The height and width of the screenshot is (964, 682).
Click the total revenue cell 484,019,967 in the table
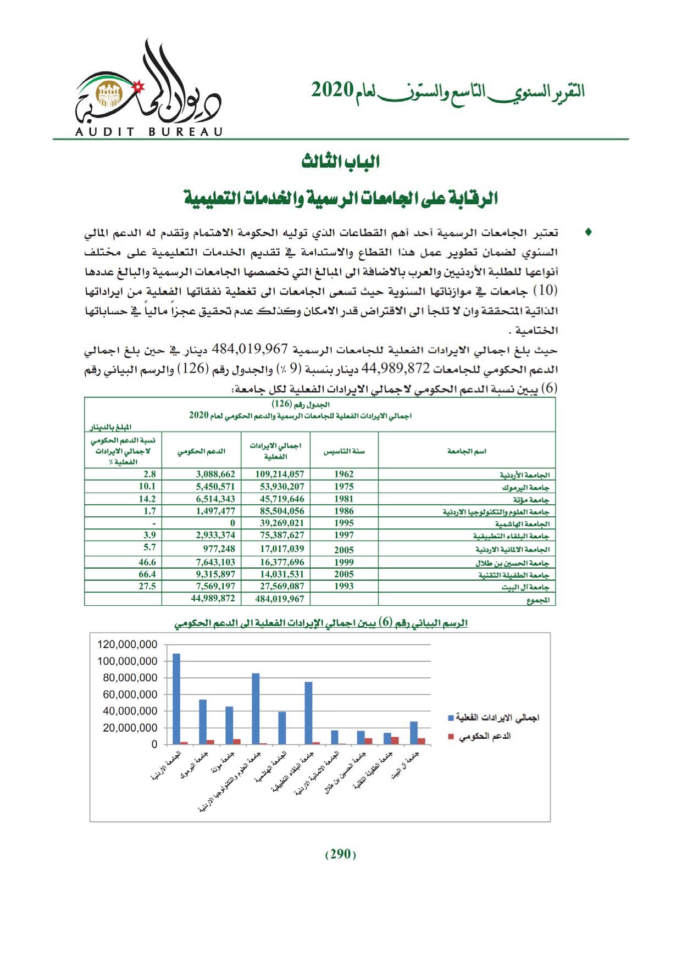pos(280,599)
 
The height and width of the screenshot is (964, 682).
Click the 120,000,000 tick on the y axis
pos(127,644)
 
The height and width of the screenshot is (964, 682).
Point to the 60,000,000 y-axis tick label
pos(130,694)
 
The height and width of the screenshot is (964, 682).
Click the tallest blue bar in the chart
pos(176,698)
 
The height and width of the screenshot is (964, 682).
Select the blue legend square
pos(451,718)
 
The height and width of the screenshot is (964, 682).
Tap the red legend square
pos(451,737)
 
